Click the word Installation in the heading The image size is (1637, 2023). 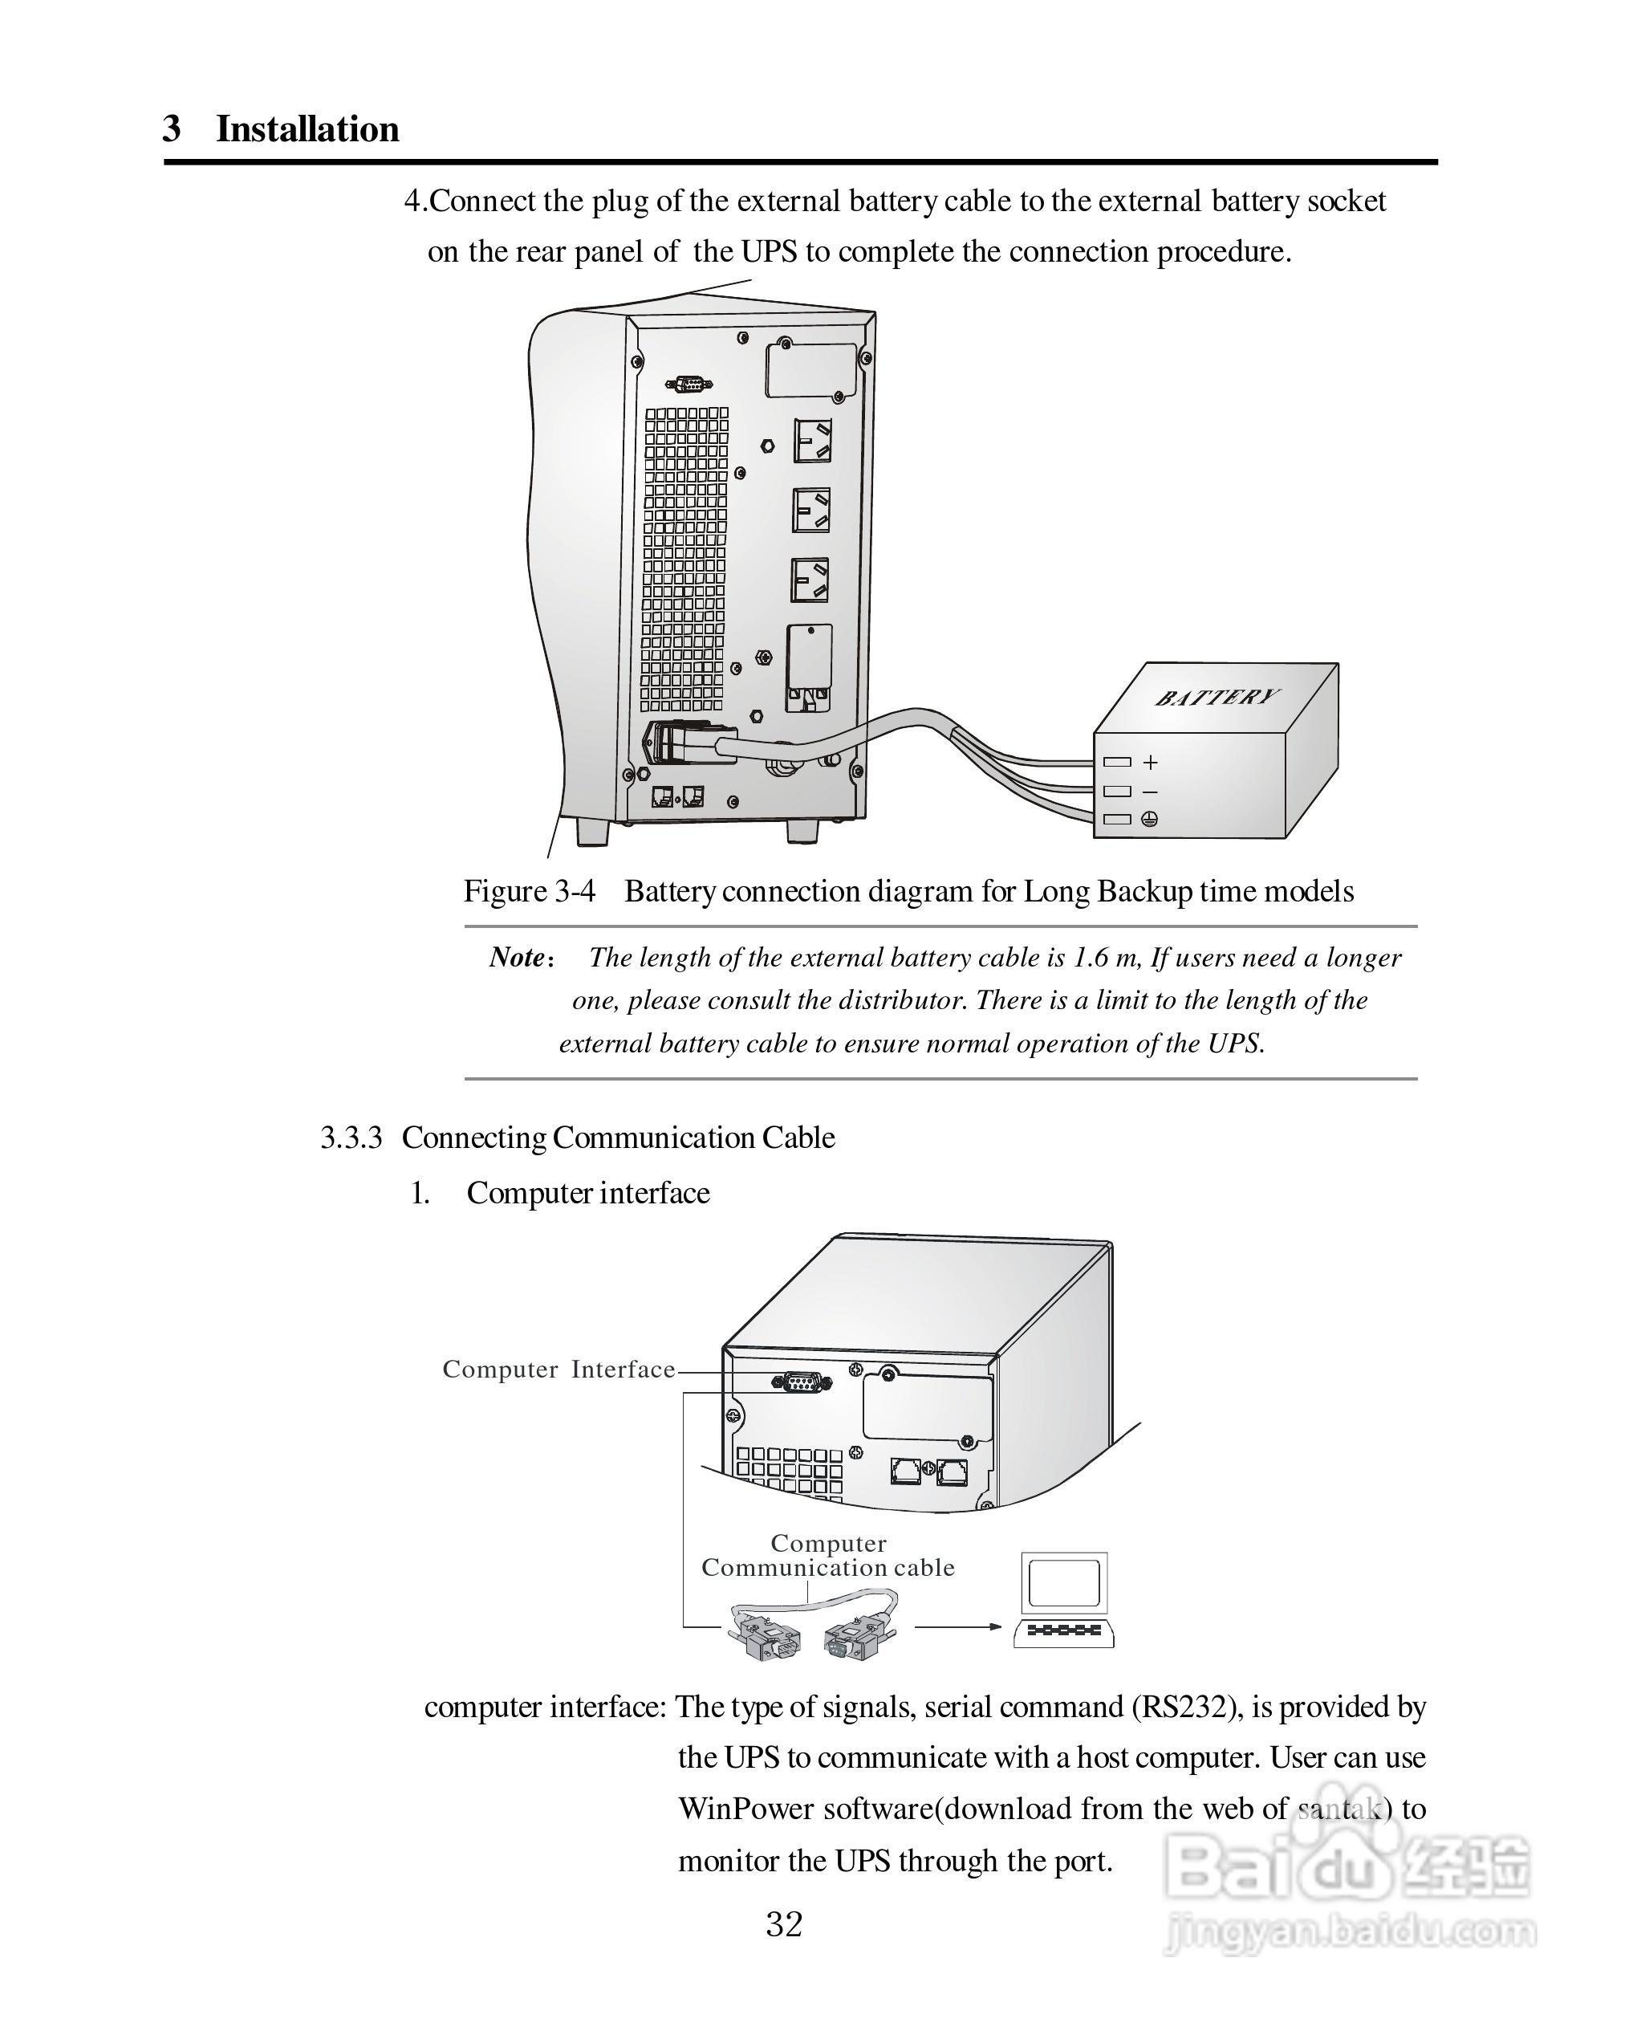click(307, 129)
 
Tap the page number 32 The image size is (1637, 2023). click(784, 1925)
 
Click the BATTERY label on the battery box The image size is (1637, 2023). click(1217, 698)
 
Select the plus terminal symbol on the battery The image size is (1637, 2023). click(1151, 762)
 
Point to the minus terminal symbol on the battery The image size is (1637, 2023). click(1151, 792)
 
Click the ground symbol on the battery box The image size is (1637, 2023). click(1149, 820)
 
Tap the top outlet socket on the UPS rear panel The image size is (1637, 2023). click(812, 441)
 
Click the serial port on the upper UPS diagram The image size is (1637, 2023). click(689, 384)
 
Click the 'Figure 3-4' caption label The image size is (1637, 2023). click(529, 891)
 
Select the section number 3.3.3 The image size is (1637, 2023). click(351, 1138)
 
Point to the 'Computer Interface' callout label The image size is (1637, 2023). click(559, 1370)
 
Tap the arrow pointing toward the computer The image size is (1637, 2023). click(958, 1626)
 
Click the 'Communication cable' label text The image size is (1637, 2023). click(828, 1569)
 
